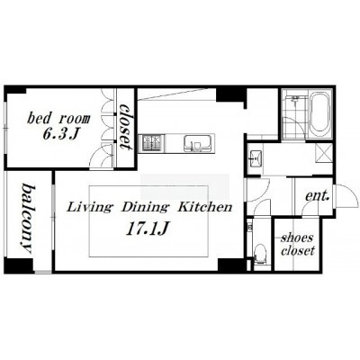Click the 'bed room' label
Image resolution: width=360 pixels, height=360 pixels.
(58, 119)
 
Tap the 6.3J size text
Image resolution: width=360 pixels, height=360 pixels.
(60, 134)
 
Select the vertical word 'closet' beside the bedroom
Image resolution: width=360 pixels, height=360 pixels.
(126, 127)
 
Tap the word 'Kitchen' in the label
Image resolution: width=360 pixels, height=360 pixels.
(205, 207)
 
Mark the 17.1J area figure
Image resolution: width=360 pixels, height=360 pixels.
(147, 229)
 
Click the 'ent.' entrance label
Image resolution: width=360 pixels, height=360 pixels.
(318, 196)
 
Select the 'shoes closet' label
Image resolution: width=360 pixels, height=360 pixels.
(297, 245)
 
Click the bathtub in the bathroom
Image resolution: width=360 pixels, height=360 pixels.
(319, 114)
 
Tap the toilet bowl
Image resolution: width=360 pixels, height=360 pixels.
(259, 254)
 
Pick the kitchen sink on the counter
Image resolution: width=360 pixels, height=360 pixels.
(197, 143)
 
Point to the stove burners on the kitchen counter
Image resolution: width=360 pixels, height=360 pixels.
(153, 143)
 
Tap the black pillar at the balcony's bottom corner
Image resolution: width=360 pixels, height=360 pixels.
(19, 265)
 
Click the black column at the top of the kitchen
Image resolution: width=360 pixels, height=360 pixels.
(231, 94)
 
